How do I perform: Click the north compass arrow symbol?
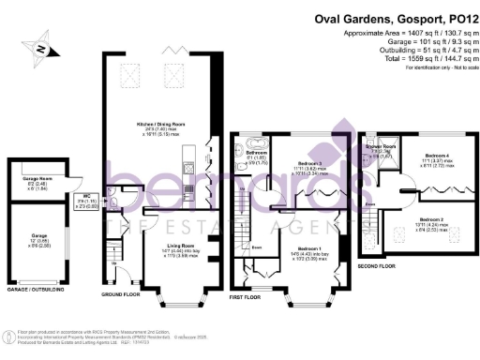[41, 44]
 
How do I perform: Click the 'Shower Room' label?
[380, 145]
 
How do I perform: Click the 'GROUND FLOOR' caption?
[119, 293]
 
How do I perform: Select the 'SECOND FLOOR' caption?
[377, 265]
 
